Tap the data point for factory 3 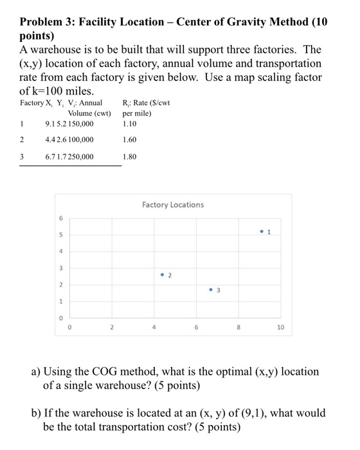point(211,289)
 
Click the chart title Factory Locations point(173,204)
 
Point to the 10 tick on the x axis point(280,327)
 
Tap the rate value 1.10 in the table point(130,124)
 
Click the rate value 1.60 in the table point(130,139)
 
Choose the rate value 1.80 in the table point(130,156)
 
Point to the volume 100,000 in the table point(78,139)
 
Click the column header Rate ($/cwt point(148,103)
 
